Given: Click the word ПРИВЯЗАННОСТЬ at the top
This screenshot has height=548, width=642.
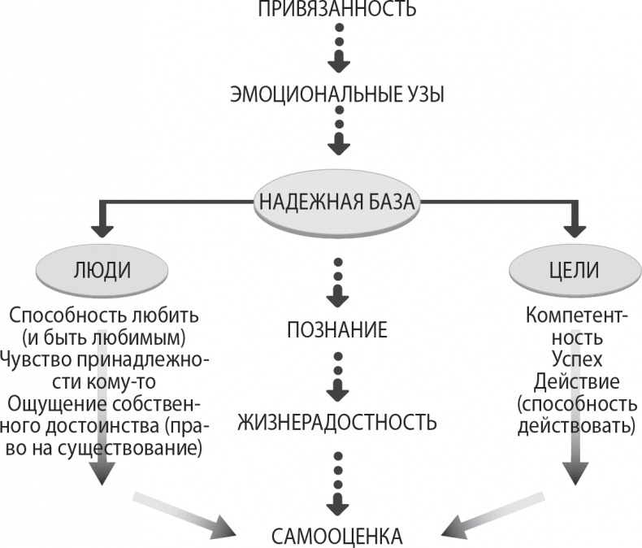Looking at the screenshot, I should click(336, 10).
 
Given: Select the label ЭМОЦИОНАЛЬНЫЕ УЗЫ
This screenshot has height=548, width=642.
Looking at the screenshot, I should click(336, 95).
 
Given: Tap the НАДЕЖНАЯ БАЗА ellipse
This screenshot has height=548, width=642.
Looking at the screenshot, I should click(337, 201).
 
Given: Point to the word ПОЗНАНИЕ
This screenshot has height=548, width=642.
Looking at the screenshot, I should click(336, 330).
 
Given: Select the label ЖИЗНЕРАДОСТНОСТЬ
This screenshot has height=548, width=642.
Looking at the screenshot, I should click(336, 423).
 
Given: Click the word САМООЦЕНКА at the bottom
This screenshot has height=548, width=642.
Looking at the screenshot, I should click(336, 536).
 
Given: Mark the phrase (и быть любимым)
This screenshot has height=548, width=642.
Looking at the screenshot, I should click(104, 336).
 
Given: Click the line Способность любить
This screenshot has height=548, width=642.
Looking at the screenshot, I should click(104, 314).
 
